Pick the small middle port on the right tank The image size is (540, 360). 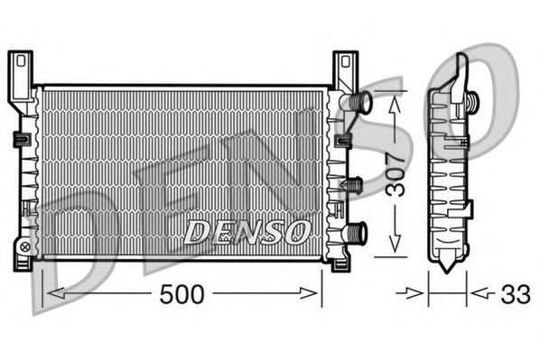[x=355, y=184]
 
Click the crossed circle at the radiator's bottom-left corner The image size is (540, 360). [x=24, y=245]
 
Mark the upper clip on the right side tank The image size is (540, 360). [x=343, y=140]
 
